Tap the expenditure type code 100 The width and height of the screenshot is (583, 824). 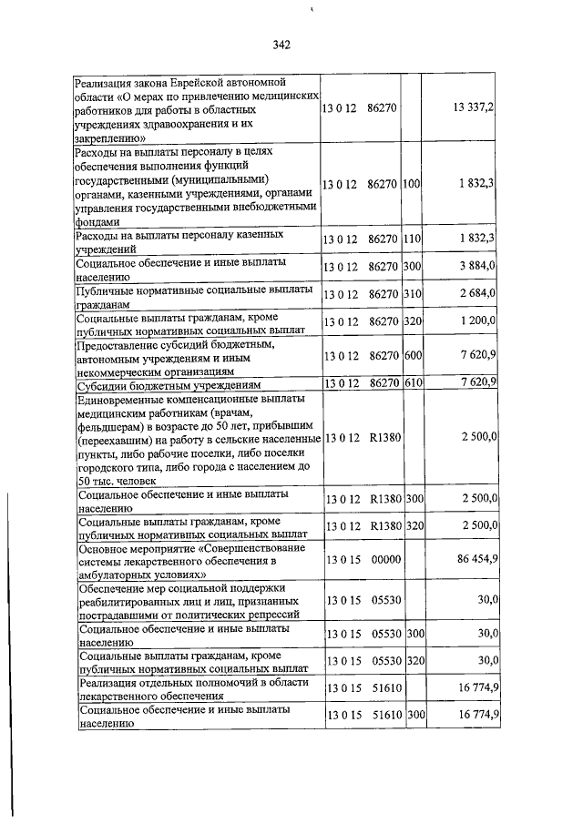(x=411, y=184)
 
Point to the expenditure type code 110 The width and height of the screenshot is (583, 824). (x=411, y=239)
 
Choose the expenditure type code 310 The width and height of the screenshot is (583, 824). (x=411, y=294)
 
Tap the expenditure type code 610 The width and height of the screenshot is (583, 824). (x=411, y=381)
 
